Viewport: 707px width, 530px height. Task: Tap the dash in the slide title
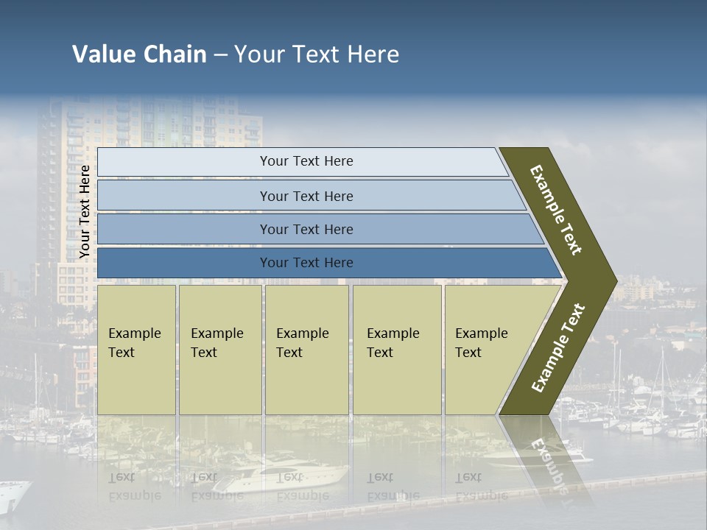[x=220, y=55]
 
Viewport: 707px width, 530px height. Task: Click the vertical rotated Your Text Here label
[x=85, y=212]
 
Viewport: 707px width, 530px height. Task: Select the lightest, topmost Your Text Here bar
[x=306, y=161]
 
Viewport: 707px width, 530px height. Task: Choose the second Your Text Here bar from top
[x=306, y=196]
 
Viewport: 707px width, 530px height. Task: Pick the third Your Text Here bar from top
[x=306, y=229]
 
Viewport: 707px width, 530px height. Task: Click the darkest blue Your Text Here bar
[x=306, y=263]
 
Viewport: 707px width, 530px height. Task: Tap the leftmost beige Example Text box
[x=136, y=349]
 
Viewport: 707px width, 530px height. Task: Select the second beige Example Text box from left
[x=219, y=349]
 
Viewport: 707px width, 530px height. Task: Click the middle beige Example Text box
[x=306, y=349]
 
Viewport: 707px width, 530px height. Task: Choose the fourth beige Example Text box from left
[x=396, y=349]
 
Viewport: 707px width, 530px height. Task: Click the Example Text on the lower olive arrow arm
[x=558, y=347]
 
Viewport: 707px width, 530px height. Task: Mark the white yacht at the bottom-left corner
[x=13, y=497]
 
